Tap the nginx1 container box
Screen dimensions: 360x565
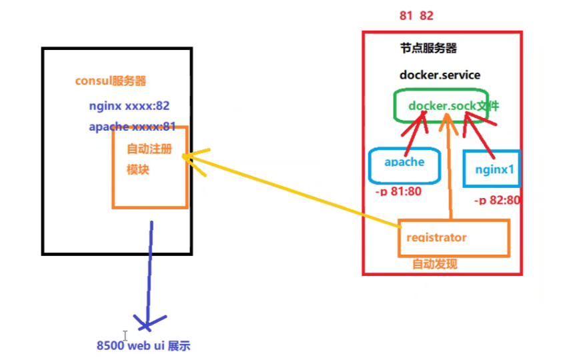click(x=493, y=169)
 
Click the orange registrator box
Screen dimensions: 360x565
click(x=454, y=238)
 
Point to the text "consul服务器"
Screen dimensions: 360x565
click(x=110, y=81)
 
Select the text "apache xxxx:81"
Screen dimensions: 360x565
click(x=132, y=127)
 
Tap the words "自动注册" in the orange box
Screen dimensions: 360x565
click(x=149, y=149)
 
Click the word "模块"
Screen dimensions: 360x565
click(x=138, y=170)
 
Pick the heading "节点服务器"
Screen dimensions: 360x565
click(x=428, y=49)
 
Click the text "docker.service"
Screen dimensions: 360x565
click(x=440, y=75)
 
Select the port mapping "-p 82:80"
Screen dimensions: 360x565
click(x=497, y=199)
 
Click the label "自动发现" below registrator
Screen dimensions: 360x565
click(x=434, y=264)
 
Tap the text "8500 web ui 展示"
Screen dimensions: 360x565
click(x=143, y=346)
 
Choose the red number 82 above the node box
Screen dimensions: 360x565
click(x=427, y=16)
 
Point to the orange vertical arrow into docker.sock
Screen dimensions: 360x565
click(x=451, y=173)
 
